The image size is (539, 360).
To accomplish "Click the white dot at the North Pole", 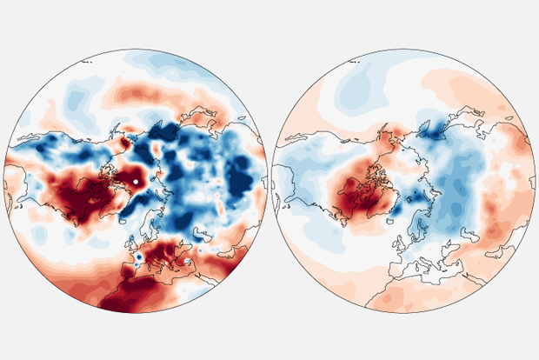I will (x=137, y=181).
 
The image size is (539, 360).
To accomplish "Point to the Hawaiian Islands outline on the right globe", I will (x=353, y=62).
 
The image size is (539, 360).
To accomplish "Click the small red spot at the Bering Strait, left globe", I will (x=123, y=139).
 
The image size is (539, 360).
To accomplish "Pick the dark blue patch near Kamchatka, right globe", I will (x=432, y=130).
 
